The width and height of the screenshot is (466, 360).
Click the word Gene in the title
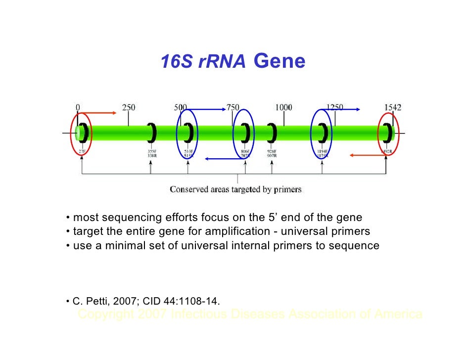(x=279, y=62)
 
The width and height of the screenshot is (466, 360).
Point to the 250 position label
(x=129, y=107)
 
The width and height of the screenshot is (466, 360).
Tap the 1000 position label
(x=283, y=107)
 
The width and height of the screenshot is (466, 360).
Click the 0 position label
(x=78, y=107)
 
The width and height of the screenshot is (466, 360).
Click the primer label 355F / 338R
(x=152, y=153)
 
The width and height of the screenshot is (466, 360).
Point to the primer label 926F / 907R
(x=272, y=153)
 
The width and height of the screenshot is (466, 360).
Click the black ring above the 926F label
(x=272, y=132)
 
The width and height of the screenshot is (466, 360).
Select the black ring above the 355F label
(x=152, y=132)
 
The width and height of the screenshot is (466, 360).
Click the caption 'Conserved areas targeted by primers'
(x=235, y=189)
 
